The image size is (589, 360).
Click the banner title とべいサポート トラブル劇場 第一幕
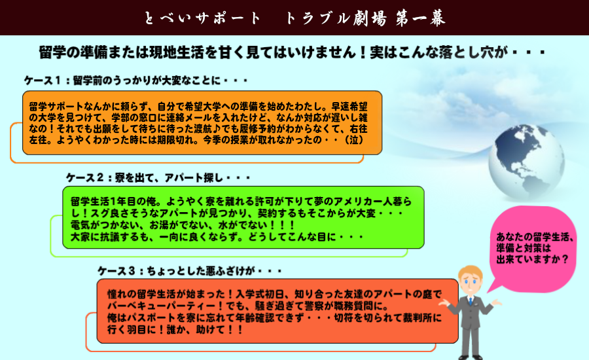pyautogui.click(x=295, y=18)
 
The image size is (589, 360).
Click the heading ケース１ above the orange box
pyautogui.click(x=42, y=81)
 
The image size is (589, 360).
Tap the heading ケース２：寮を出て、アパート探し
pyautogui.click(x=157, y=177)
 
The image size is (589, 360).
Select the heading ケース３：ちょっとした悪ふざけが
pyautogui.click(x=189, y=270)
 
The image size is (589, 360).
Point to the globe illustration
pyautogui.click(x=526, y=162)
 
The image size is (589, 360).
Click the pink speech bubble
pyautogui.click(x=533, y=248)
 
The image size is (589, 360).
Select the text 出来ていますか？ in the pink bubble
pyautogui.click(x=532, y=259)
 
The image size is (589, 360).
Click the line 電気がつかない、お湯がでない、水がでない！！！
pyautogui.click(x=183, y=225)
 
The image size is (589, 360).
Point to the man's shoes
pyautogui.click(x=471, y=357)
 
